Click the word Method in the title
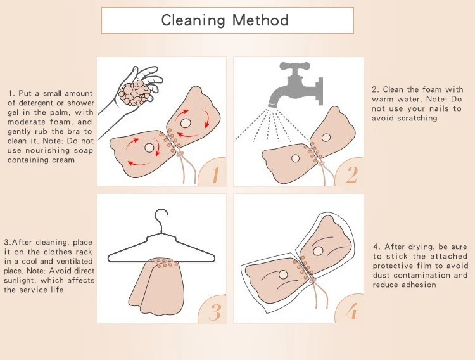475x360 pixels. (x=260, y=20)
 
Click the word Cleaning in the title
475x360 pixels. (x=193, y=20)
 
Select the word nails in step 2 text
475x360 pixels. (x=441, y=108)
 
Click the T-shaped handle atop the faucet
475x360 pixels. (x=294, y=66)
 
